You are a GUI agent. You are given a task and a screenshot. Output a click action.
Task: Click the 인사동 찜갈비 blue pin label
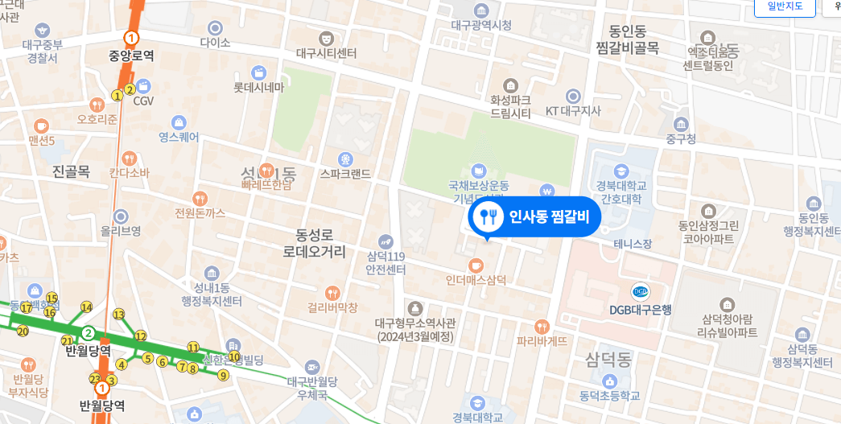[x=534, y=216]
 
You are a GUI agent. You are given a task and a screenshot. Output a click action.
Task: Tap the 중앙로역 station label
[x=131, y=56]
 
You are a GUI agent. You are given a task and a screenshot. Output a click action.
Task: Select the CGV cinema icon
[x=143, y=86]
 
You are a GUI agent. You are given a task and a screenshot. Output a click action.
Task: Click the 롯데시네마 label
[x=259, y=87]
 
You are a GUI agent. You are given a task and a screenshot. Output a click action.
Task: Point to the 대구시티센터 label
[x=326, y=54]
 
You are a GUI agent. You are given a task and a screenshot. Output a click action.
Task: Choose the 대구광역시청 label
[x=481, y=26]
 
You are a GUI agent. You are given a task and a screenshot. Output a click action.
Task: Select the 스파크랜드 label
[x=345, y=173]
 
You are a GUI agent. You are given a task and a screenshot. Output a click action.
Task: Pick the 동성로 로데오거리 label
[x=315, y=244]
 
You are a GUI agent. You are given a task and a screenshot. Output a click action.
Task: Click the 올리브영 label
[x=121, y=231]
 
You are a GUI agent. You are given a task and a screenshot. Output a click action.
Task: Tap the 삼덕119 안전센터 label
[x=386, y=263]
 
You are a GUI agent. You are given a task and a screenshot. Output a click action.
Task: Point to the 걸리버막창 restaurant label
[x=332, y=307]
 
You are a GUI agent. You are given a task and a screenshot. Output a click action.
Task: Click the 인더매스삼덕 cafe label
[x=476, y=280]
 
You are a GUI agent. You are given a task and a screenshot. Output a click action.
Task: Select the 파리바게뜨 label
[x=542, y=340]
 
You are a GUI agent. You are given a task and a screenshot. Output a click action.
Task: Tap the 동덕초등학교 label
[x=609, y=395]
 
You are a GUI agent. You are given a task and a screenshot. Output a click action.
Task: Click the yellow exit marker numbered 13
[x=119, y=315]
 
